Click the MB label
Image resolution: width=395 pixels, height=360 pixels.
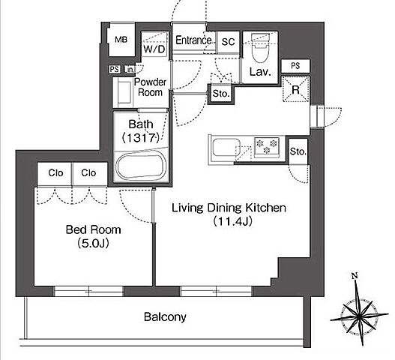[x=121, y=40]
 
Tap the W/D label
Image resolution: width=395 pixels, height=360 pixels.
[x=154, y=49]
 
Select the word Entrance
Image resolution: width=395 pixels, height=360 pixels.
[x=193, y=40]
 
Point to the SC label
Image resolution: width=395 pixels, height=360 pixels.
[x=228, y=41]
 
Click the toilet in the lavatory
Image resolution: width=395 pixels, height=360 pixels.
[x=261, y=48]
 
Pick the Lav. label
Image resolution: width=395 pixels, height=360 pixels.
[x=260, y=72]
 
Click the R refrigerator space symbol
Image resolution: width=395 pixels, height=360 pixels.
[x=296, y=89]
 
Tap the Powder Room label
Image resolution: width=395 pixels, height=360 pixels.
[x=150, y=87]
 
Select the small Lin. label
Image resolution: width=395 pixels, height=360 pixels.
[x=129, y=69]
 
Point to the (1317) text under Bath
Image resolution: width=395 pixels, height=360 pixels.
[x=141, y=138]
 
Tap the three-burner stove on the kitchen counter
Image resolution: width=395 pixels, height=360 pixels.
[x=267, y=146]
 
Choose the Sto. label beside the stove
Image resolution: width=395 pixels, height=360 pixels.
[x=298, y=151]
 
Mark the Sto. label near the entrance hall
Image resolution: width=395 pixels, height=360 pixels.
[x=221, y=94]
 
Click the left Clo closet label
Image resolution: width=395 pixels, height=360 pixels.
[x=55, y=173]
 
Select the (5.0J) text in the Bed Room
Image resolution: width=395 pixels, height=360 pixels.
[x=94, y=243]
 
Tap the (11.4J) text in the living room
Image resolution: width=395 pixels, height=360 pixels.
[x=232, y=221]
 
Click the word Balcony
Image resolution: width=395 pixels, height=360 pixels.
[x=165, y=317]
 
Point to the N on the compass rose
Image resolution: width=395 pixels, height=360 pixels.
[x=355, y=276]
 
